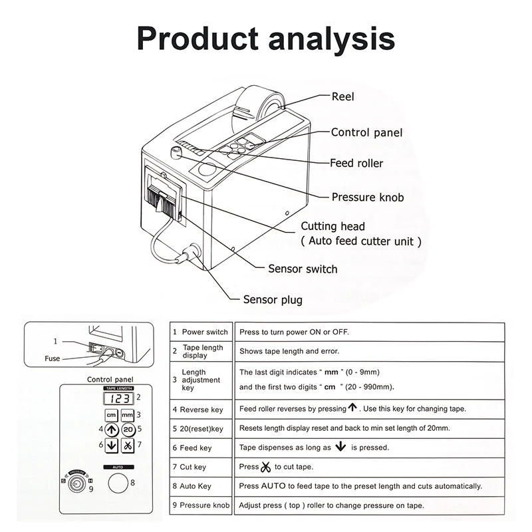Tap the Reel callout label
point(342,96)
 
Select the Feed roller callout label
point(356,163)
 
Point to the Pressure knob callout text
point(368,198)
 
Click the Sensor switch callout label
point(303,269)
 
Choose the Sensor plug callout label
point(273,300)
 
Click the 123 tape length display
point(120,398)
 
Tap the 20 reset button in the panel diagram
point(128,430)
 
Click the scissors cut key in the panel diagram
point(128,445)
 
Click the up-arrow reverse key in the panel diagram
point(112,430)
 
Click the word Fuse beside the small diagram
point(53,358)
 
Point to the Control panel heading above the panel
point(110,379)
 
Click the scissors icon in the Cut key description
point(266,467)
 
